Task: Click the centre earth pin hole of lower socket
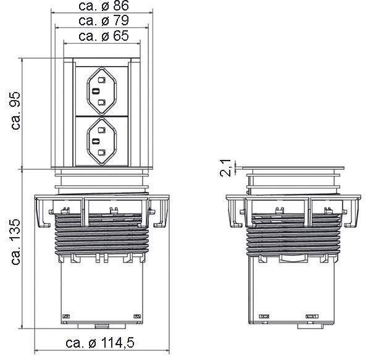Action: (97, 142)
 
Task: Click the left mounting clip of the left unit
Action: (43, 213)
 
